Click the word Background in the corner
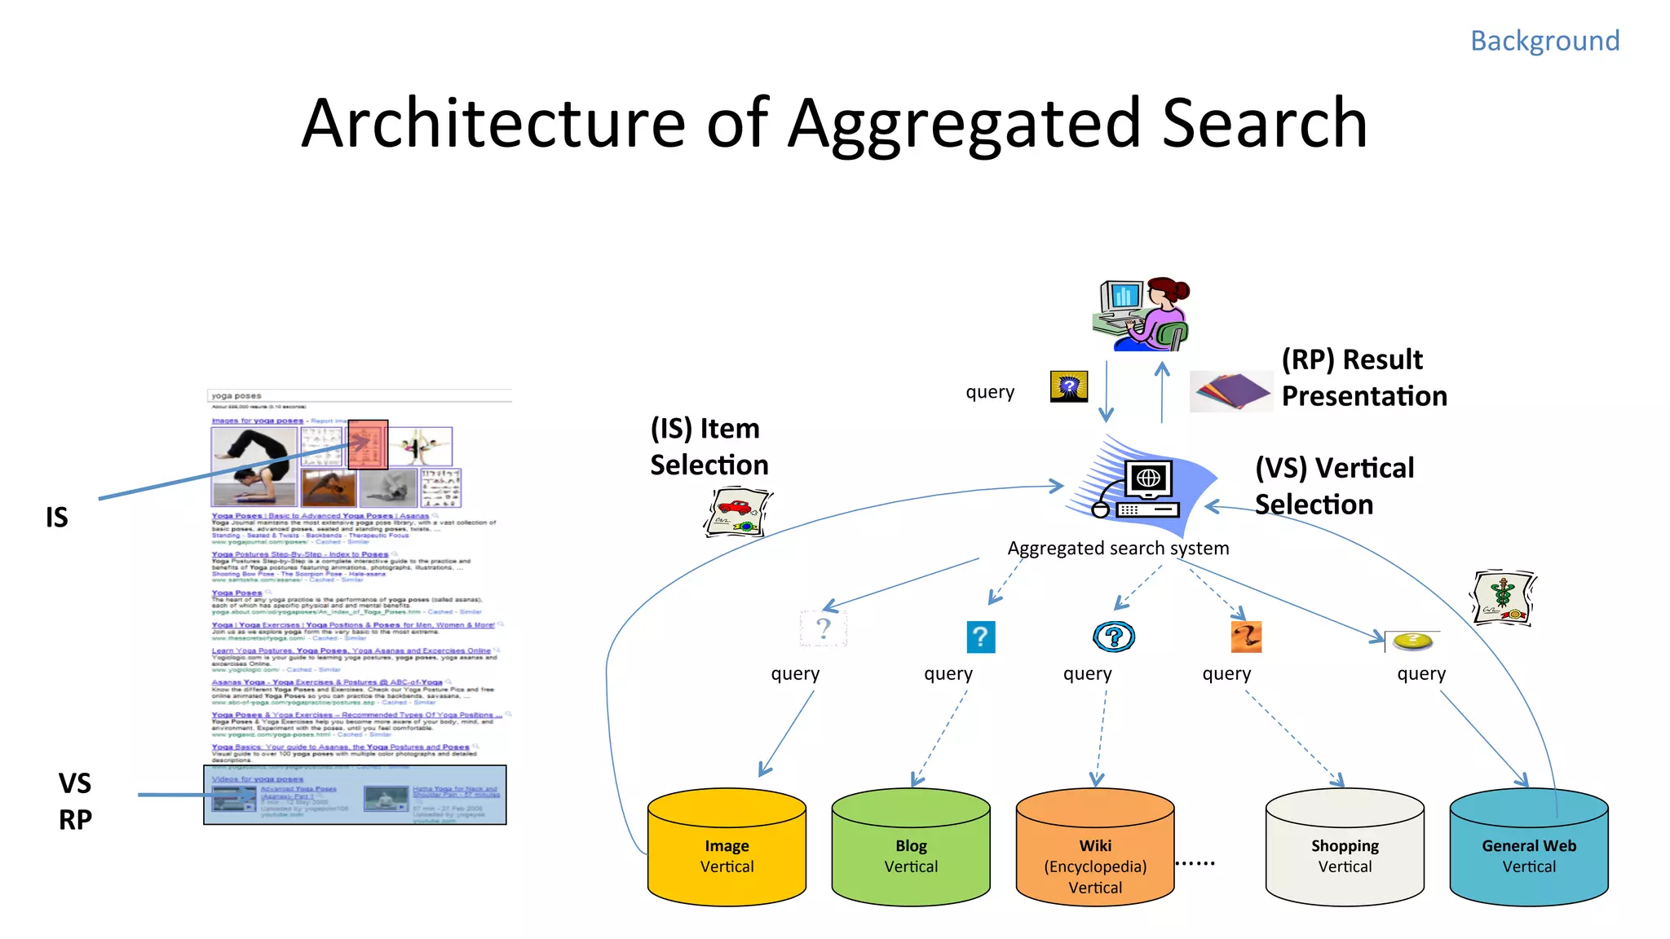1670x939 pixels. point(1544,41)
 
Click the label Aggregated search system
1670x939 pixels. point(1118,549)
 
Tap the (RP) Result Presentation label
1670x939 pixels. point(1363,377)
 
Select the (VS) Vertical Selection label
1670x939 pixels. point(1334,486)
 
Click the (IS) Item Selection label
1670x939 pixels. point(709,446)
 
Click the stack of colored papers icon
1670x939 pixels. point(1230,391)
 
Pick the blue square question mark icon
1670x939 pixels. point(981,637)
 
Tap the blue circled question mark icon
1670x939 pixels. point(1114,637)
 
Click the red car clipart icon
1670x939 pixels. point(737,513)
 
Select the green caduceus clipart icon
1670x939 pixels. point(1503,597)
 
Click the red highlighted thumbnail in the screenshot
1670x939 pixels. point(368,444)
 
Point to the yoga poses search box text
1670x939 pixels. point(236,396)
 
